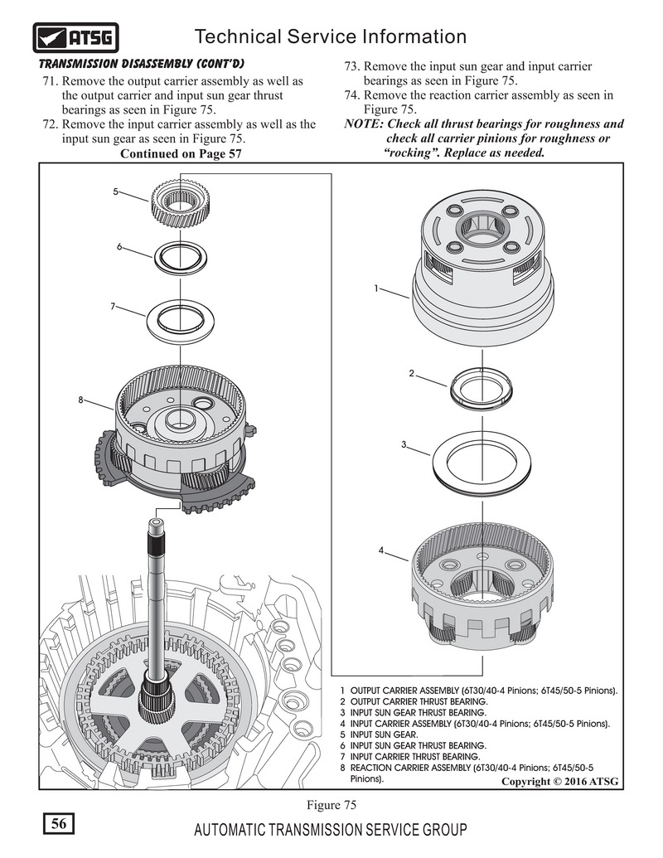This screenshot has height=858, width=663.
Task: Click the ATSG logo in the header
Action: (x=75, y=37)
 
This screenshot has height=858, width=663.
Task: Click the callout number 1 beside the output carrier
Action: (x=375, y=288)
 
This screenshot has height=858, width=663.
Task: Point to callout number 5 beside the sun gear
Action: (x=115, y=191)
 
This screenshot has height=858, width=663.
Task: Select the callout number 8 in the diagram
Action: (x=81, y=400)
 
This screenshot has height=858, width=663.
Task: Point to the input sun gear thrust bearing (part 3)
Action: (x=482, y=462)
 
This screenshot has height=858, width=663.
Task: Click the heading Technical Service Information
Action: (x=330, y=36)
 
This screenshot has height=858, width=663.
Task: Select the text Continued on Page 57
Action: (x=181, y=153)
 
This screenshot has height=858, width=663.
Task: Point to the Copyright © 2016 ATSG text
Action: (x=559, y=781)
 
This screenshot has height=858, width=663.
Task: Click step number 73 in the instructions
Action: (x=351, y=66)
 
